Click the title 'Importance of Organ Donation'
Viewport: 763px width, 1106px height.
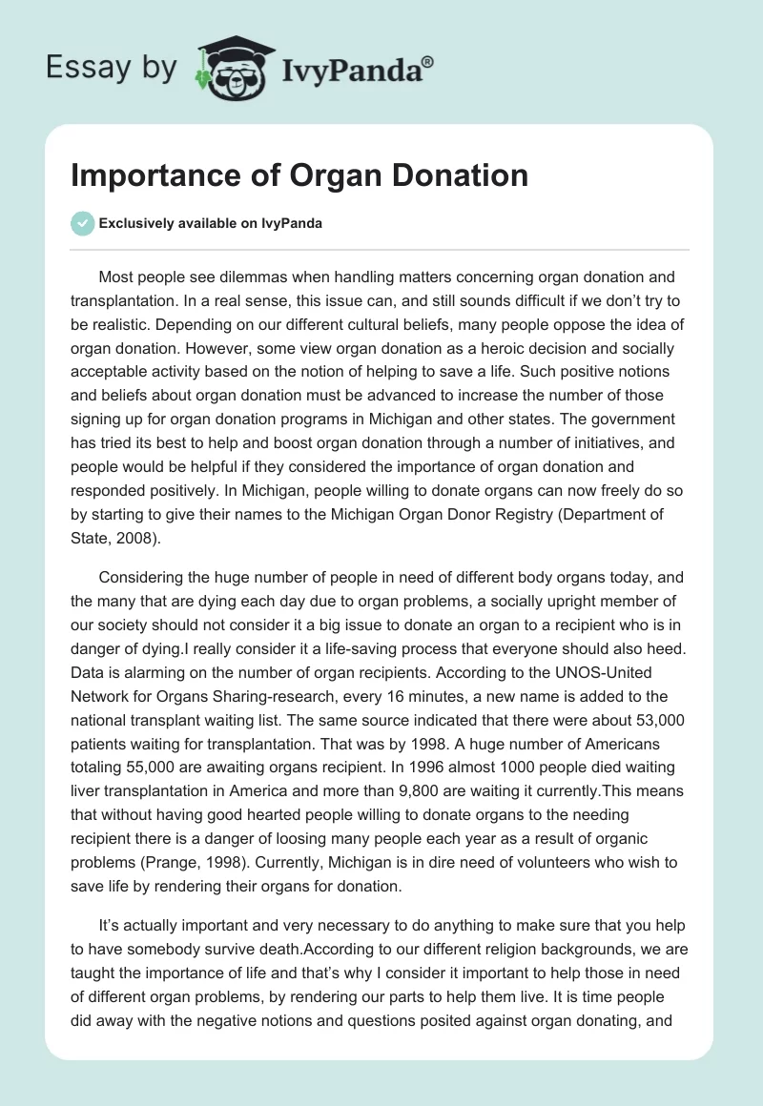pyautogui.click(x=299, y=175)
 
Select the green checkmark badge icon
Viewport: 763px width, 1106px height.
pyautogui.click(x=82, y=223)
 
